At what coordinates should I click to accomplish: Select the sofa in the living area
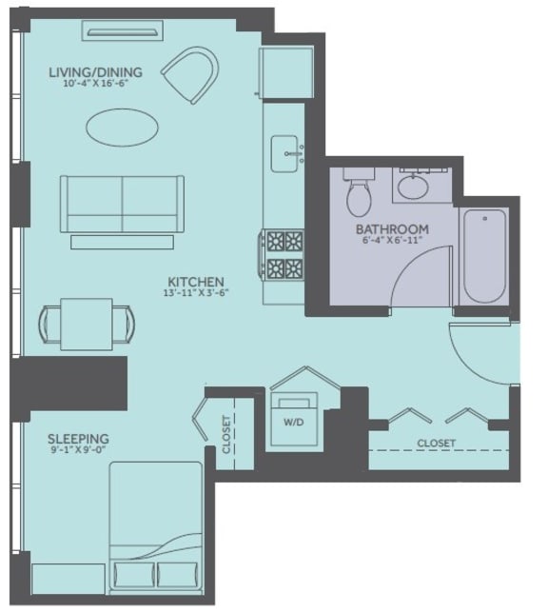122,203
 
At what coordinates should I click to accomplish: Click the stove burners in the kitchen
284,254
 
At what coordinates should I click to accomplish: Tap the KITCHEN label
195,282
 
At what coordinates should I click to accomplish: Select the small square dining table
86,324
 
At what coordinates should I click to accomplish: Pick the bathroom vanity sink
414,186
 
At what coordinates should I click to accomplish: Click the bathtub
484,255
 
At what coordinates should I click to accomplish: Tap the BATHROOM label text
392,229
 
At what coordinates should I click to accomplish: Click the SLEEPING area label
78,439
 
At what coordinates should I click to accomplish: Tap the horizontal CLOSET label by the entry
436,444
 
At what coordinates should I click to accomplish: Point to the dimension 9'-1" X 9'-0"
78,452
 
